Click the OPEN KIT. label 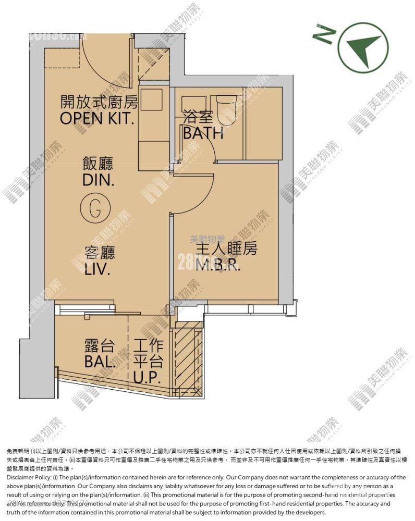coord(97,118)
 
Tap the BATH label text coord(203,133)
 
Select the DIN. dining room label coord(99,180)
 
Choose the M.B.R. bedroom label coord(218,266)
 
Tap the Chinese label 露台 coord(99,345)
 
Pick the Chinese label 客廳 coord(100,254)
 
